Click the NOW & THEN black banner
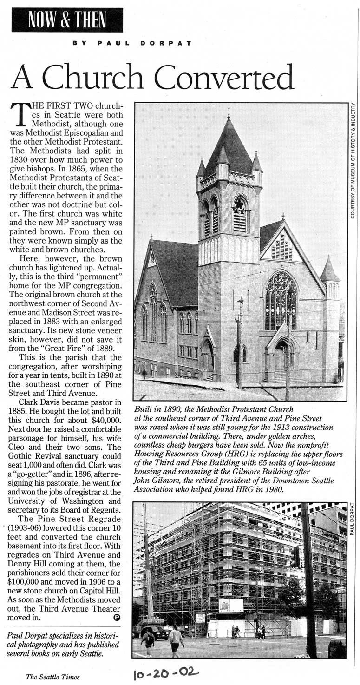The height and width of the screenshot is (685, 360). pos(67,20)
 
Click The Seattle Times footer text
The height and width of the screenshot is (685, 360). pos(52,677)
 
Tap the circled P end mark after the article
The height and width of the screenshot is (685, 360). pos(116,617)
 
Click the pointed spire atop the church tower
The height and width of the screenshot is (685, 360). pos(228,139)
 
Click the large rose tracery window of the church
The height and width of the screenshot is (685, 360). pos(281,300)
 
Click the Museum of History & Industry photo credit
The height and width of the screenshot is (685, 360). pos(353,160)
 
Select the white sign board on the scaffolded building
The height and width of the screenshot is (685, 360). pos(231,605)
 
